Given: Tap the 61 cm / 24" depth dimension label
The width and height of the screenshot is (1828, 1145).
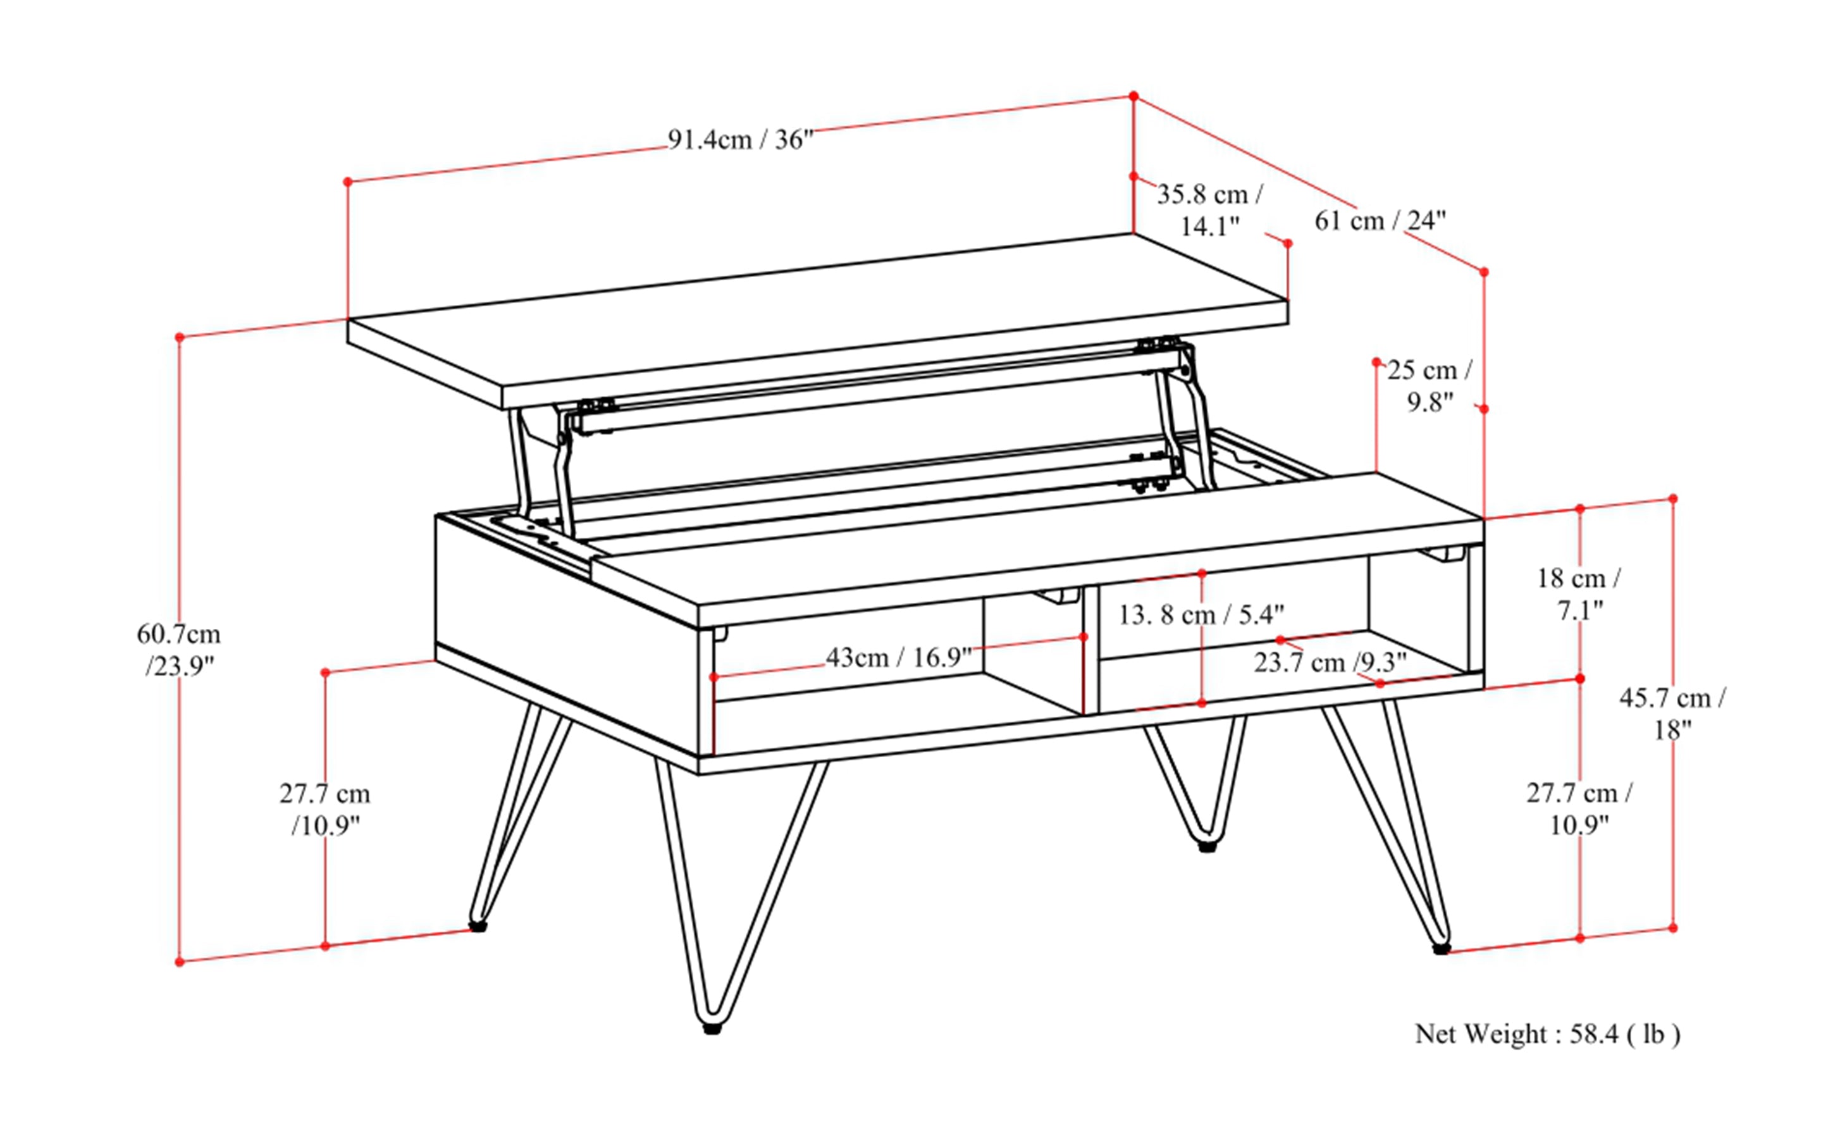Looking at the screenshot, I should (x=1380, y=221).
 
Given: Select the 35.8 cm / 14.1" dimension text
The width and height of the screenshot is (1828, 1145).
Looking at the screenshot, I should (x=1209, y=210).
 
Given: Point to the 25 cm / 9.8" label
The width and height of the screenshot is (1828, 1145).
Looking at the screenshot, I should (x=1430, y=385).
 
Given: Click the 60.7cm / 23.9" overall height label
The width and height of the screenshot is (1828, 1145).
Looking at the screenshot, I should (x=179, y=650).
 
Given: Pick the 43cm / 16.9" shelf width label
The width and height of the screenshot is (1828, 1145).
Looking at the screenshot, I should (x=898, y=657).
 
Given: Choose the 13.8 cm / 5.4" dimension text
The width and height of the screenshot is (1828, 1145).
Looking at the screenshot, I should (x=1201, y=615).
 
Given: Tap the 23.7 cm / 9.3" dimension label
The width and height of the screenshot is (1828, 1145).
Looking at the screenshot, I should (x=1330, y=662).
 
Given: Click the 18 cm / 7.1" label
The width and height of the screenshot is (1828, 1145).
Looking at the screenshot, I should (x=1579, y=594).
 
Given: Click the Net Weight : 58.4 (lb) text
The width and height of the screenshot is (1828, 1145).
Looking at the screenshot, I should (x=1547, y=1034).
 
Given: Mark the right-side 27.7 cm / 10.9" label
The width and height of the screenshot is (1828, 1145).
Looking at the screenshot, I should (x=1579, y=808).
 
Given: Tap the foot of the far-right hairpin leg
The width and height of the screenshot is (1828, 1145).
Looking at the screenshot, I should (x=1441, y=948).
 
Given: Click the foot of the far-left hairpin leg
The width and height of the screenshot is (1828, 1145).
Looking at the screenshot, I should (x=477, y=925).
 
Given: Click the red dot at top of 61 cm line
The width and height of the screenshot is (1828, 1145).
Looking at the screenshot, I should (x=1133, y=96).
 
